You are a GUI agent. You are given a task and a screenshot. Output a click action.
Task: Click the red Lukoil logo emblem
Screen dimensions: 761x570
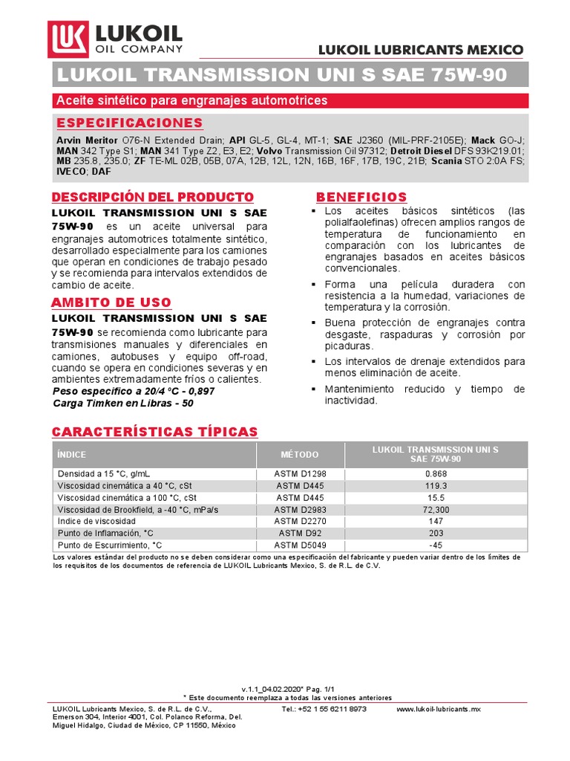[x=69, y=39]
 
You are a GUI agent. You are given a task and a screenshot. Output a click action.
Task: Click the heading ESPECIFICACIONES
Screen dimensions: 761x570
[x=130, y=123]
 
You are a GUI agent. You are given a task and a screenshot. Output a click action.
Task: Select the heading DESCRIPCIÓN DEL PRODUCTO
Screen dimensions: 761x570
[x=152, y=197]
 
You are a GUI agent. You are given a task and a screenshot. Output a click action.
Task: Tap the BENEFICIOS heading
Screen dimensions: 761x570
[x=361, y=197]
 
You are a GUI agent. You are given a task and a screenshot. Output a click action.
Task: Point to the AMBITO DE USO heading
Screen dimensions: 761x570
[x=111, y=302]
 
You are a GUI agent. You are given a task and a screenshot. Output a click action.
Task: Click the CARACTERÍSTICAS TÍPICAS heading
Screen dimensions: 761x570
[x=154, y=432]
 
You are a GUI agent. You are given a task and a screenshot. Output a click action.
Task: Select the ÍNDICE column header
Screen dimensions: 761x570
[x=72, y=454]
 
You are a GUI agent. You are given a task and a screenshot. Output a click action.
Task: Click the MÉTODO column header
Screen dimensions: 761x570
[x=300, y=454]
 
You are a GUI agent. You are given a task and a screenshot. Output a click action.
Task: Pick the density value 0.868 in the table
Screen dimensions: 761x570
[x=435, y=473]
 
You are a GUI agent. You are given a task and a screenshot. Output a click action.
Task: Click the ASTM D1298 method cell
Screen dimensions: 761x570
[x=300, y=473]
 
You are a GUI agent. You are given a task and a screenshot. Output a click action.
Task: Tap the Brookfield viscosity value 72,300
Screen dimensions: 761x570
[x=435, y=510]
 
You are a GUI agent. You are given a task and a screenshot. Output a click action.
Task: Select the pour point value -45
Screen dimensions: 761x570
[x=435, y=545]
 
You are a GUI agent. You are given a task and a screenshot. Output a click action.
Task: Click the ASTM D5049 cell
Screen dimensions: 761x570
[x=300, y=545]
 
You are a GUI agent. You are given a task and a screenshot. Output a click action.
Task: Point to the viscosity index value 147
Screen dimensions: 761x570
[x=435, y=522]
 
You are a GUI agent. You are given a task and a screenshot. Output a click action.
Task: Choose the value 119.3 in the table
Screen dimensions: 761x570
[x=435, y=485]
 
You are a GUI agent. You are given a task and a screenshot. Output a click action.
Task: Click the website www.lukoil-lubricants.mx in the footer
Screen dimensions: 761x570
[x=439, y=709]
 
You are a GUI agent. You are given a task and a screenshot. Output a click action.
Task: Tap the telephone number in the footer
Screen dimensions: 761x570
[x=324, y=709]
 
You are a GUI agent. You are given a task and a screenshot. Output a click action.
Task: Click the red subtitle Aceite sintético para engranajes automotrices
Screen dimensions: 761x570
[x=192, y=100]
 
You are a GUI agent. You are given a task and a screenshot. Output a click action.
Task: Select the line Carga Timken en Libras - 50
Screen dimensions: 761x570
[x=123, y=403]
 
